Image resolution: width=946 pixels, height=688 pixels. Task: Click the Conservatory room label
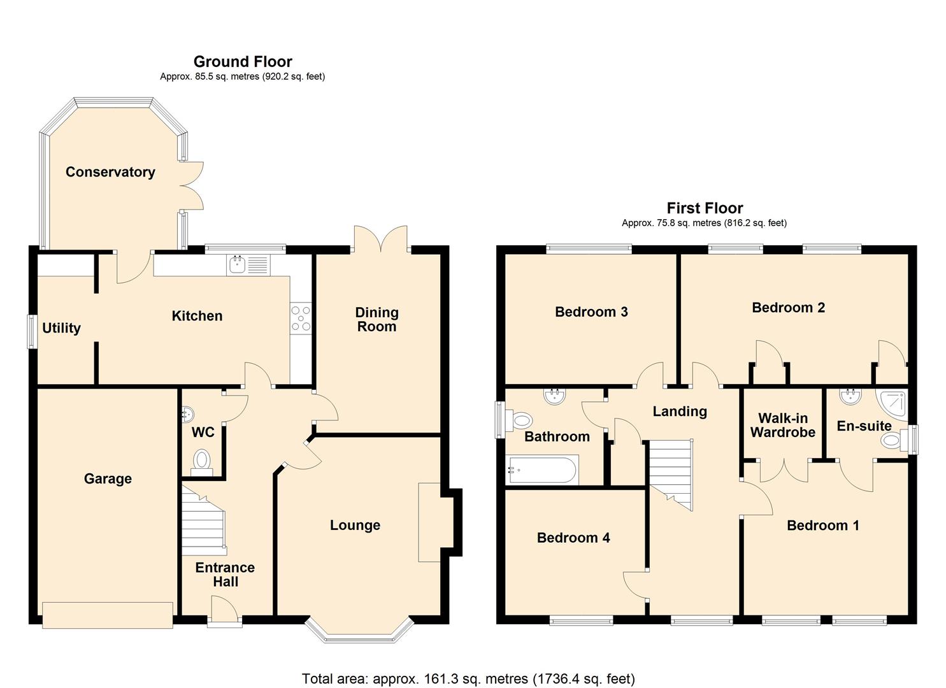point(110,172)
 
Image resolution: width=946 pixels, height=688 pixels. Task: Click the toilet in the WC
point(202,459)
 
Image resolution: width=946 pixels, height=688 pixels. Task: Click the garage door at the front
point(107,615)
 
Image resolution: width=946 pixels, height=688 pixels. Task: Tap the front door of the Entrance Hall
point(224,610)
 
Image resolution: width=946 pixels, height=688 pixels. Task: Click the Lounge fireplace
point(429,522)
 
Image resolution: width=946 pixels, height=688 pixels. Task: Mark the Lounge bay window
point(359,631)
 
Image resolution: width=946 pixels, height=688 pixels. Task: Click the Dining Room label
point(376,319)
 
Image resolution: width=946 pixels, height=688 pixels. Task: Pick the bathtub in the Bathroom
point(541,471)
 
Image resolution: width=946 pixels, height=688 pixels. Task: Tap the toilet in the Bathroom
point(520,420)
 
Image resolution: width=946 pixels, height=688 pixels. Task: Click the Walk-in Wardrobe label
point(782,425)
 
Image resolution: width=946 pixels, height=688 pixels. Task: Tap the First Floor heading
point(705,208)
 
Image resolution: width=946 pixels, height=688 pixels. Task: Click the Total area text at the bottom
point(468,678)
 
